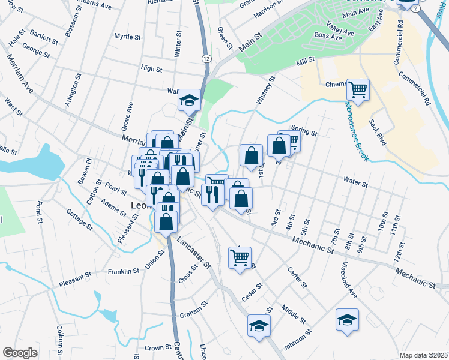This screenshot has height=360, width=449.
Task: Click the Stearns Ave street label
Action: click(95, 4)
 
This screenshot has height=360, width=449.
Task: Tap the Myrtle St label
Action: click(127, 37)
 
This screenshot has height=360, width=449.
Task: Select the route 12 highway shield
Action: click(206, 58)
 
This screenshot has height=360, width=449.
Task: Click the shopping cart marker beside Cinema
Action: click(358, 90)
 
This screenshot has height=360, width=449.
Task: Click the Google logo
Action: click(20, 353)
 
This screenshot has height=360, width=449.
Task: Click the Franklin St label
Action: click(124, 271)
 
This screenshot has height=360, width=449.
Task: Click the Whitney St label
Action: click(265, 90)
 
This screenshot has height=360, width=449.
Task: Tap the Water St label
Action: click(355, 179)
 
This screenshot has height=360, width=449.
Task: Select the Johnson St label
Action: click(298, 338)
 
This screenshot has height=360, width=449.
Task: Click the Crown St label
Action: click(158, 347)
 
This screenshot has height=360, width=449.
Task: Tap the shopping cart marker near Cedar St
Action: click(240, 257)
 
